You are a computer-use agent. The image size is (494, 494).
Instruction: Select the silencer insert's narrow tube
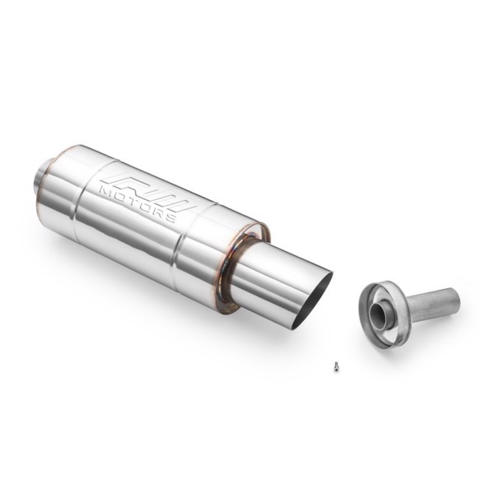tap(431, 304)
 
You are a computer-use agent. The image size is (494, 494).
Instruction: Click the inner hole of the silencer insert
tap(381, 315)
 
